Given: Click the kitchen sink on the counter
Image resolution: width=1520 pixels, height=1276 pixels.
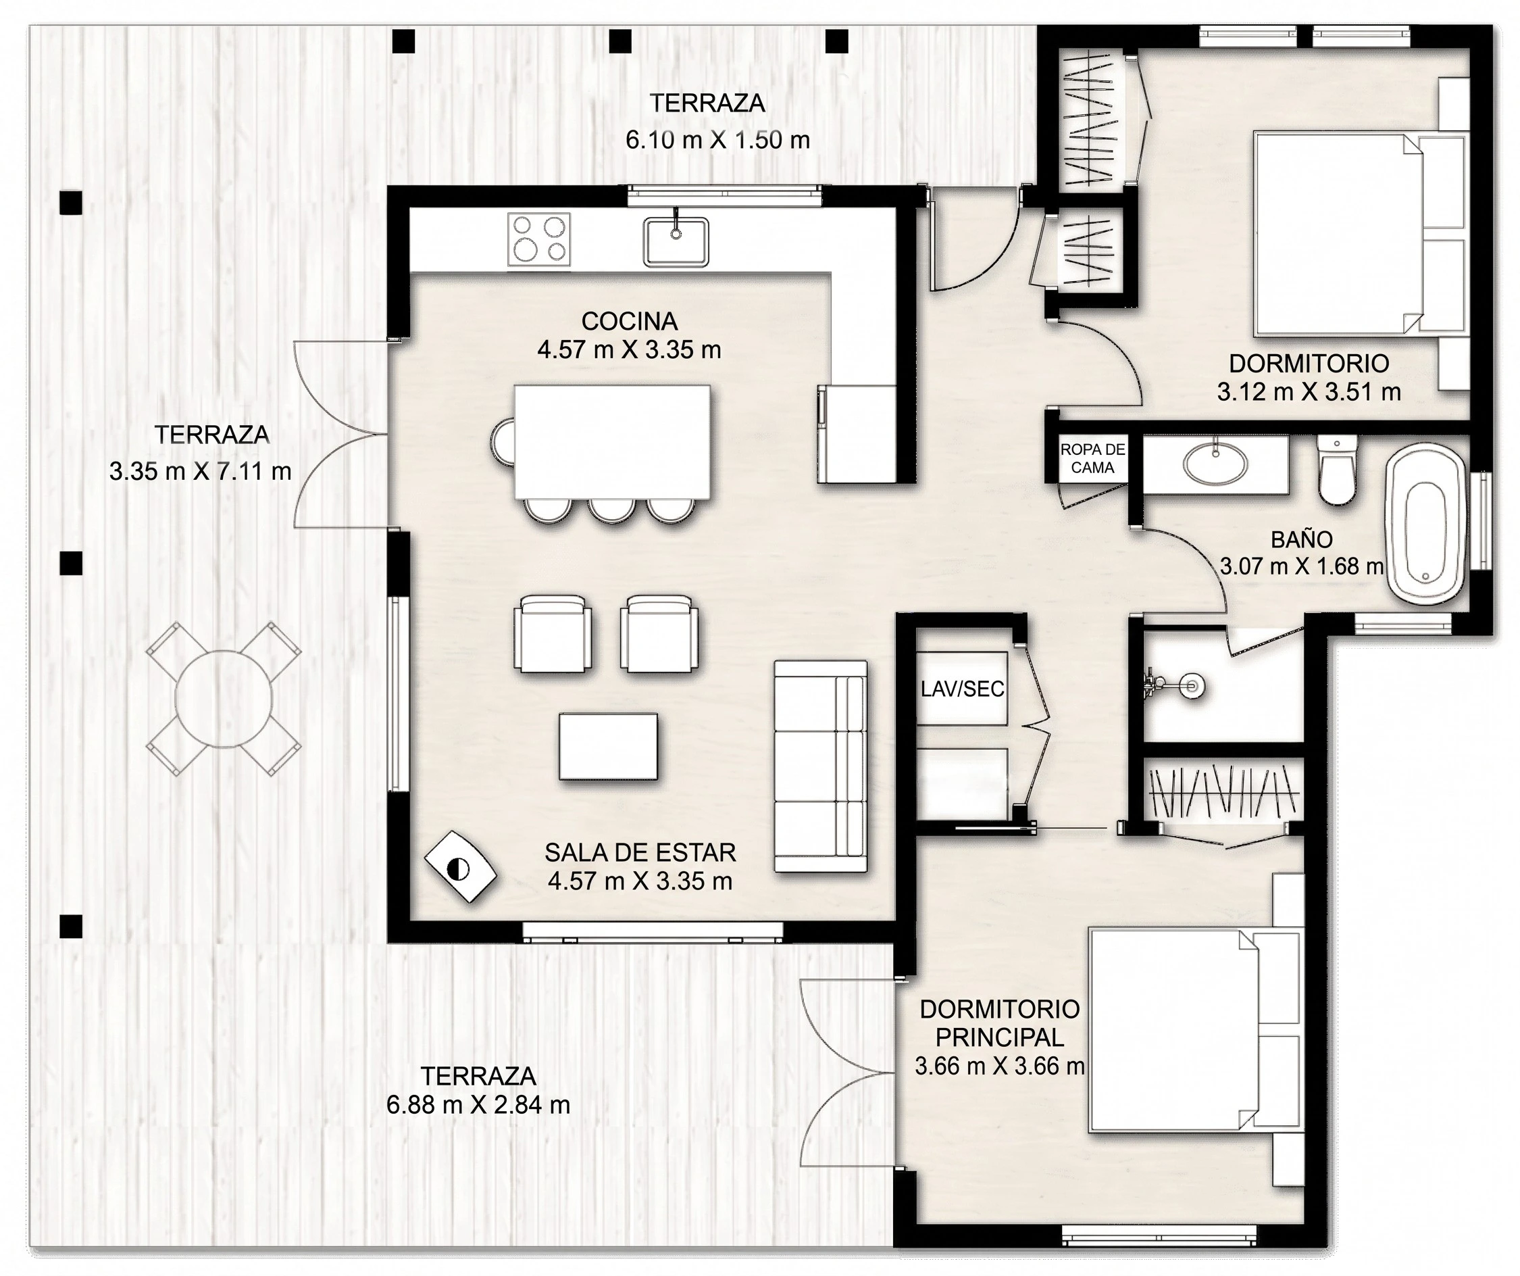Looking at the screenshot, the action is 676,241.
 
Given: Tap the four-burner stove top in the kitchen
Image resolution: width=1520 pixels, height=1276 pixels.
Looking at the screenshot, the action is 538,239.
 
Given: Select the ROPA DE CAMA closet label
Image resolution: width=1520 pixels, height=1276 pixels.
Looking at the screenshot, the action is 1092,458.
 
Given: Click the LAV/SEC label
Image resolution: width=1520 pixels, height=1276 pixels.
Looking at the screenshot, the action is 962,689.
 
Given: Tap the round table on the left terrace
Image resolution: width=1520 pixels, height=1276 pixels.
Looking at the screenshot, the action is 224,699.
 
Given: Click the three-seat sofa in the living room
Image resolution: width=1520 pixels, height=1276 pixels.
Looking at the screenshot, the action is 821,766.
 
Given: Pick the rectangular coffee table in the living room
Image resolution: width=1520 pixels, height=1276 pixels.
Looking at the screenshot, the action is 608,746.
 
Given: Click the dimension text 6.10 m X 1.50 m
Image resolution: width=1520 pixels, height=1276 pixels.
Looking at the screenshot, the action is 717,140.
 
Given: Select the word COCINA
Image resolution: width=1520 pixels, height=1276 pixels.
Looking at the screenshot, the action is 629,321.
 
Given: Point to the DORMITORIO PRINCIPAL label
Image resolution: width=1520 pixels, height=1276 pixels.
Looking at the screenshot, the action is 1000,1023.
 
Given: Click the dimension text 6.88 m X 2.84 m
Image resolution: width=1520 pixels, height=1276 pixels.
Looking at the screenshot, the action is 478,1105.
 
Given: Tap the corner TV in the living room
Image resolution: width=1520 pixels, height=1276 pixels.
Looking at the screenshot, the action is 459,867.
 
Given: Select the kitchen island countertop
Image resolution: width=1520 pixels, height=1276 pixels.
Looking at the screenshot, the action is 612,442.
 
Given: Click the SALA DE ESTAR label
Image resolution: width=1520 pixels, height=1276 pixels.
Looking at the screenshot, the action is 640,852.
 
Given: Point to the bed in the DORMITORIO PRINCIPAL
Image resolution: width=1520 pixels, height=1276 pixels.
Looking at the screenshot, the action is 1196,1031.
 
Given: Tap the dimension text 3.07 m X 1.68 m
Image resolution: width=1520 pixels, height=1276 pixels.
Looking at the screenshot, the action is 1301,566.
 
